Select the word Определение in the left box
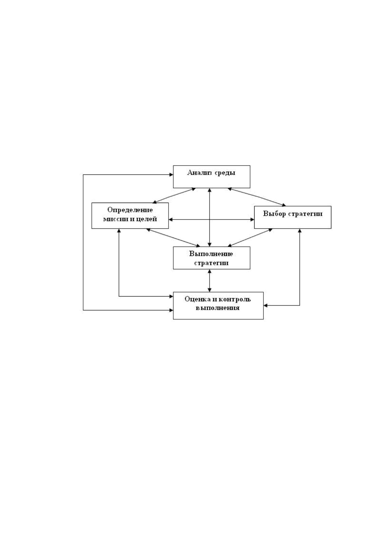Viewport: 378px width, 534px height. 130,210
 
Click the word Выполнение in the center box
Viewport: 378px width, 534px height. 211,254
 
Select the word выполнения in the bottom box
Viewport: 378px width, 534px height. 218,308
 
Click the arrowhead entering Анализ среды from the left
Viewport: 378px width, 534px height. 171,174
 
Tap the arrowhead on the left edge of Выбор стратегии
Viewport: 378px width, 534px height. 252,219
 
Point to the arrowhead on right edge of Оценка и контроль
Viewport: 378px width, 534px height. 266,305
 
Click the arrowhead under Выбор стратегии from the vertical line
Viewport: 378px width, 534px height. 300,231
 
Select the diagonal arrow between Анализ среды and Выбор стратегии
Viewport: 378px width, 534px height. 257,197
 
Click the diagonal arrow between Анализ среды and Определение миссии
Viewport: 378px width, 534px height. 174,195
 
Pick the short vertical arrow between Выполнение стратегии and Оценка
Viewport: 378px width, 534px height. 209,281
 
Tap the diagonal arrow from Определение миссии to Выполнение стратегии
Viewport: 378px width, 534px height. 173,238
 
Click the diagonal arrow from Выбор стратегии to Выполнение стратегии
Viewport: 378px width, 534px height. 250,238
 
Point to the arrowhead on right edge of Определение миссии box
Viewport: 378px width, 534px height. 171,219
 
